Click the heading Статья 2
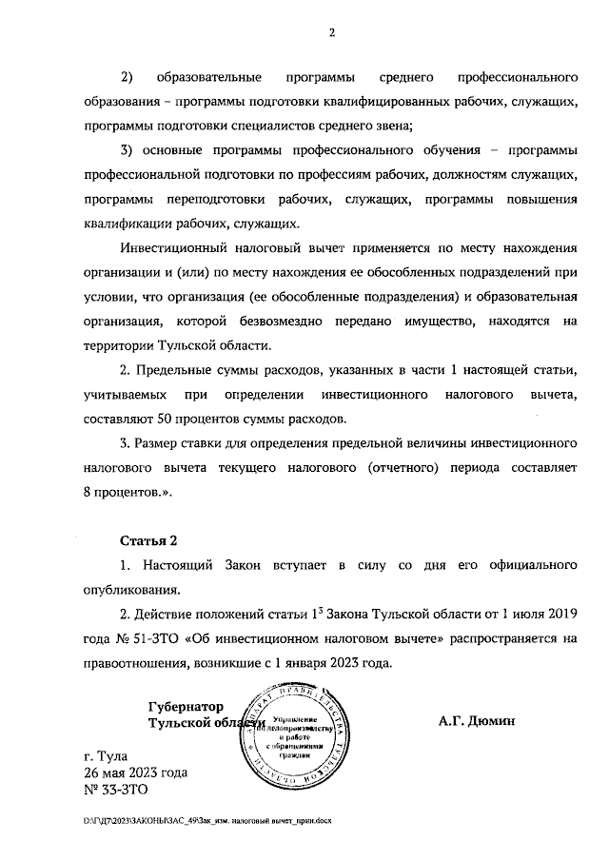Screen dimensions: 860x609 [x=147, y=541]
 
